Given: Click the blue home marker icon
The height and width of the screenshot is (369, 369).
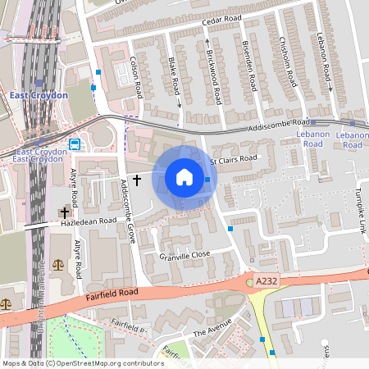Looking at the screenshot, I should click(184, 177).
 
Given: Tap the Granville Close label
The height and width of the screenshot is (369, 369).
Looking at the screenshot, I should click(185, 255).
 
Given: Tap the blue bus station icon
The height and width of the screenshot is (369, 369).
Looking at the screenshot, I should click(75, 144).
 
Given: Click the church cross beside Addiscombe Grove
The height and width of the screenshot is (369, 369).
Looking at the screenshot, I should click(137, 178).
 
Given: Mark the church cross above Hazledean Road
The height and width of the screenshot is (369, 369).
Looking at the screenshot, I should click(63, 212).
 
